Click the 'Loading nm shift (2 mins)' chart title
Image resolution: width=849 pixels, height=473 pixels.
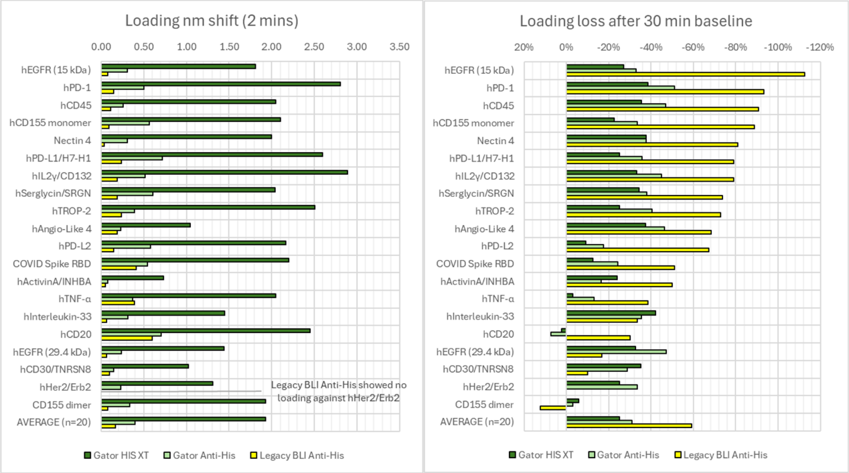click(x=212, y=21)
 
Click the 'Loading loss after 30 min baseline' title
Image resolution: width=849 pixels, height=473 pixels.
click(x=635, y=21)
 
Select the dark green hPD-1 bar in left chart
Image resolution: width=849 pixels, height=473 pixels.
click(x=221, y=84)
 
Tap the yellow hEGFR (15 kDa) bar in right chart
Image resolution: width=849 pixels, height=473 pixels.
click(x=686, y=74)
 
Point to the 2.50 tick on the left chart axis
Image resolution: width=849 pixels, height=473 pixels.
click(x=314, y=47)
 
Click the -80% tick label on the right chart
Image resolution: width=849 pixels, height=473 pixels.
click(x=735, y=48)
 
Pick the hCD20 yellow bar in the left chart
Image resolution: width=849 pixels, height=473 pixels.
click(x=127, y=338)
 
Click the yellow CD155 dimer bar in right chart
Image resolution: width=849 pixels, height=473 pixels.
click(x=553, y=408)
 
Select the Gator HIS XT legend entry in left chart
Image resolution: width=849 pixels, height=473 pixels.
click(x=117, y=455)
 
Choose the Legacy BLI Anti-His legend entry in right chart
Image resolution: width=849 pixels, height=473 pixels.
click(x=722, y=455)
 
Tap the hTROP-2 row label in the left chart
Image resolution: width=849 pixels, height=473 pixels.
click(x=72, y=211)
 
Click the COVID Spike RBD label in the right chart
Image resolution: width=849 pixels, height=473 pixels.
click(x=475, y=264)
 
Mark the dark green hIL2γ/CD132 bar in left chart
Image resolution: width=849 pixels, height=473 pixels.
click(x=225, y=172)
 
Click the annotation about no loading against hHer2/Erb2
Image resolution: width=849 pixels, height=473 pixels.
click(x=339, y=391)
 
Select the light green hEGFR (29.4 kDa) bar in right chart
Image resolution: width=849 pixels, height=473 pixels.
click(x=616, y=352)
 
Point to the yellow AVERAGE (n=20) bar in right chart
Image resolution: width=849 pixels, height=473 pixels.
click(x=629, y=425)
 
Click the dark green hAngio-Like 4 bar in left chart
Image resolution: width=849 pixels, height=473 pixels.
click(x=146, y=225)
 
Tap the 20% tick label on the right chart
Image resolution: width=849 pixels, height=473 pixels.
click(x=524, y=48)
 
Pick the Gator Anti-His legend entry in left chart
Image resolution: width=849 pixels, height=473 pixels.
click(x=200, y=455)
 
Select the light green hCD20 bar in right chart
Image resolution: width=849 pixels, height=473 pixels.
click(x=558, y=334)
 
